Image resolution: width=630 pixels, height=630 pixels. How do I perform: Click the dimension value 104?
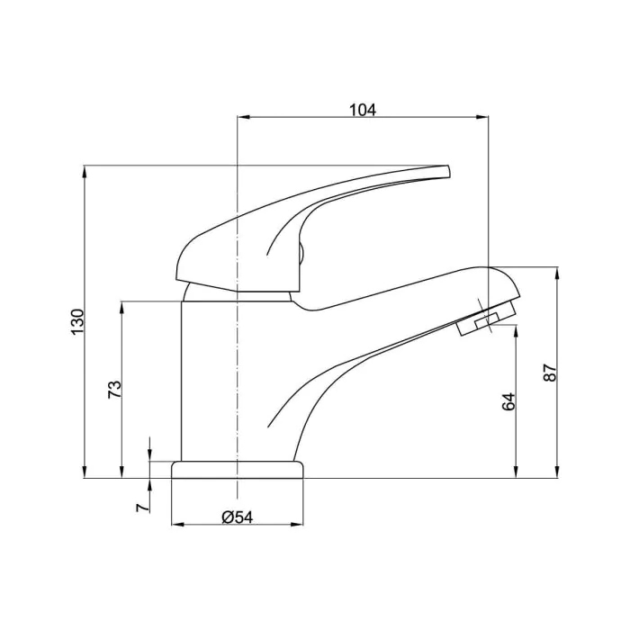click(x=363, y=110)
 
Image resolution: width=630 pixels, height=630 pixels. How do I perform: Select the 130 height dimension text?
click(x=77, y=320)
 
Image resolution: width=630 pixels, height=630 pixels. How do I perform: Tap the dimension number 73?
click(x=114, y=389)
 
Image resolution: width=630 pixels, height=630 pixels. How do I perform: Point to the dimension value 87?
click(x=551, y=372)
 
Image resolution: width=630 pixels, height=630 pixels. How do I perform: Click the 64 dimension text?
click(x=508, y=401)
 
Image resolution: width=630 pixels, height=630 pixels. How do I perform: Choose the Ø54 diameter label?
click(x=238, y=517)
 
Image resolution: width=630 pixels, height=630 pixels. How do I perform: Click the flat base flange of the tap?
click(x=238, y=470)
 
